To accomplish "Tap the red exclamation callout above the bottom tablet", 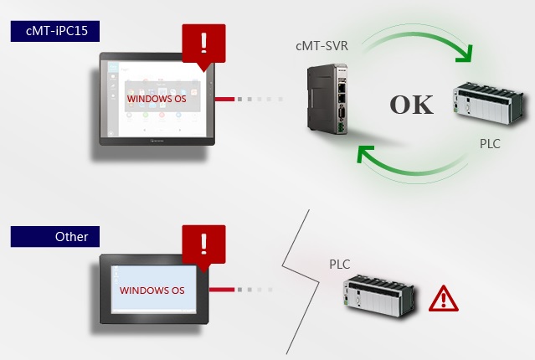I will coord(203,244).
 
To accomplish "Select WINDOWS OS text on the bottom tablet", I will coord(152,291).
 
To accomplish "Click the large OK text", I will coord(411,105).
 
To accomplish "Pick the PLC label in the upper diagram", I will coord(490,144).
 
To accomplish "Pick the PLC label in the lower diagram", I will coord(339,265).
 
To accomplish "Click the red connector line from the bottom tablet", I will coord(221,291).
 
